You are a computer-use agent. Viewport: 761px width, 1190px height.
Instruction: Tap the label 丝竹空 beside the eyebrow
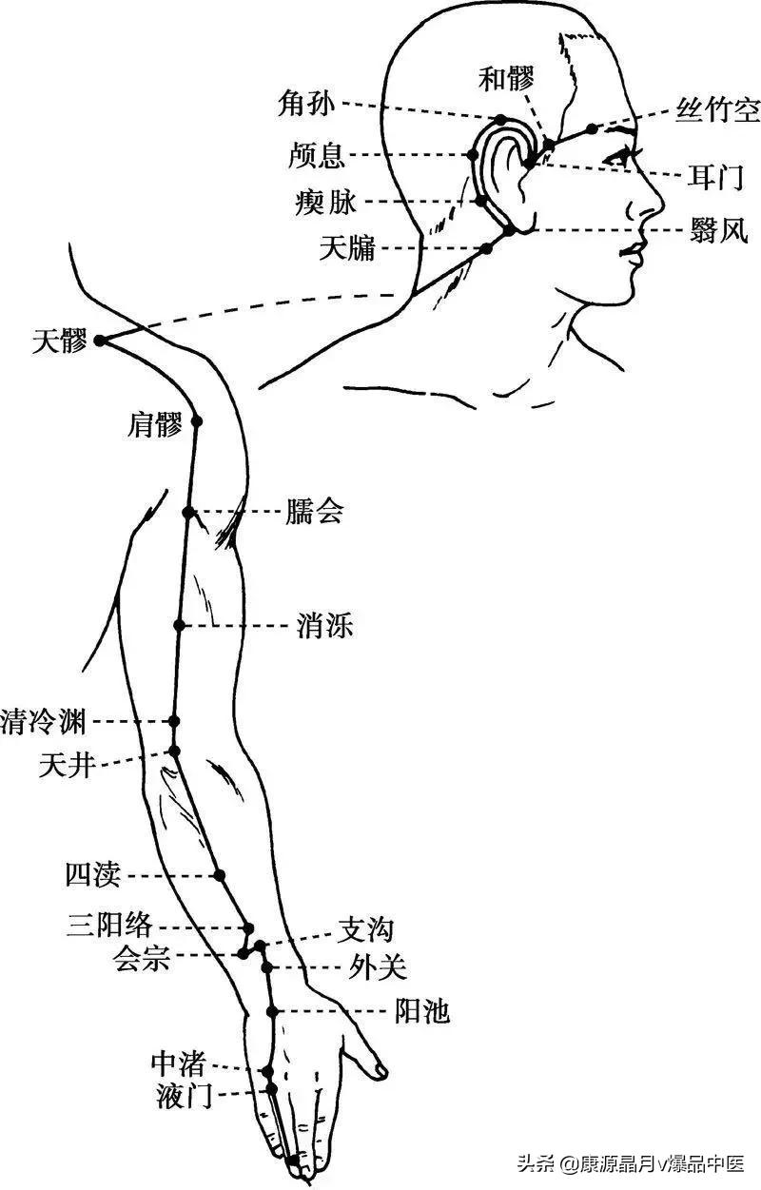717,110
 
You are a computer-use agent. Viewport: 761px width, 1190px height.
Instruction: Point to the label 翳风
719,229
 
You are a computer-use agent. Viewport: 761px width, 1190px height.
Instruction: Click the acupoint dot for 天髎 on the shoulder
99,340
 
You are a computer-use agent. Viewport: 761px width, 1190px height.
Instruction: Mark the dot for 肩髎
198,420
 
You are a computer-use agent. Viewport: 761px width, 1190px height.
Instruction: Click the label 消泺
325,626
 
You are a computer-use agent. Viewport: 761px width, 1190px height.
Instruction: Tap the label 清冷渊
45,721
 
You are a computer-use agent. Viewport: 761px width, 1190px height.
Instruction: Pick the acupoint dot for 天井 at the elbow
175,751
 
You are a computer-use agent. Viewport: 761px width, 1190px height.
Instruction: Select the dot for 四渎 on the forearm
220,875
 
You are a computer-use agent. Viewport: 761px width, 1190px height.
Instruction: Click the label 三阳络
109,924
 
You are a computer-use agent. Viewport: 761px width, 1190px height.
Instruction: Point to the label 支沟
366,928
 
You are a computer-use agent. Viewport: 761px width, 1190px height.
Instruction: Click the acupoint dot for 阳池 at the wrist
272,1011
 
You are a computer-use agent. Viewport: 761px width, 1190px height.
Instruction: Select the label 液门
184,1098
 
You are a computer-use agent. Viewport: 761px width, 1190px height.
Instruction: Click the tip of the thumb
382,1071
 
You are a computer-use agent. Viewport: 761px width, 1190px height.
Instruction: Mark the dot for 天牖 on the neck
485,248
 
